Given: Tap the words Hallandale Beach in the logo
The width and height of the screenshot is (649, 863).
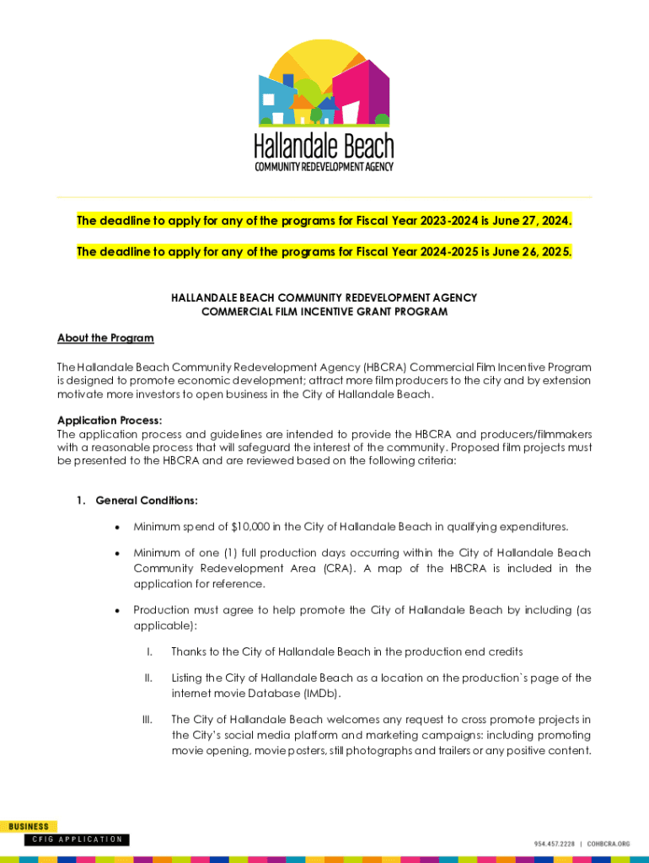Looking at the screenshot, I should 324,147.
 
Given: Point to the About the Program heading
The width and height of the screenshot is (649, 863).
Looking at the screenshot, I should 105,338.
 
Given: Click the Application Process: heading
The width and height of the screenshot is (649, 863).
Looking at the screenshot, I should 110,420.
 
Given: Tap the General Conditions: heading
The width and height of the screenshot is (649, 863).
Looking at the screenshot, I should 147,501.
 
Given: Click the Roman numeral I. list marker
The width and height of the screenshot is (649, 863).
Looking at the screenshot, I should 148,651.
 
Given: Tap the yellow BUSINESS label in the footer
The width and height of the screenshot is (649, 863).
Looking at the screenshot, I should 29,827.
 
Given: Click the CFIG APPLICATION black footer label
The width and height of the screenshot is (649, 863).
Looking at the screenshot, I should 77,839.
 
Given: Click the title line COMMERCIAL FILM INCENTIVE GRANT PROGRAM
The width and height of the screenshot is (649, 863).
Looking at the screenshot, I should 324,312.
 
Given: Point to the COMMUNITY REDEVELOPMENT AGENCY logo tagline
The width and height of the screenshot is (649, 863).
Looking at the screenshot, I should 324,166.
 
